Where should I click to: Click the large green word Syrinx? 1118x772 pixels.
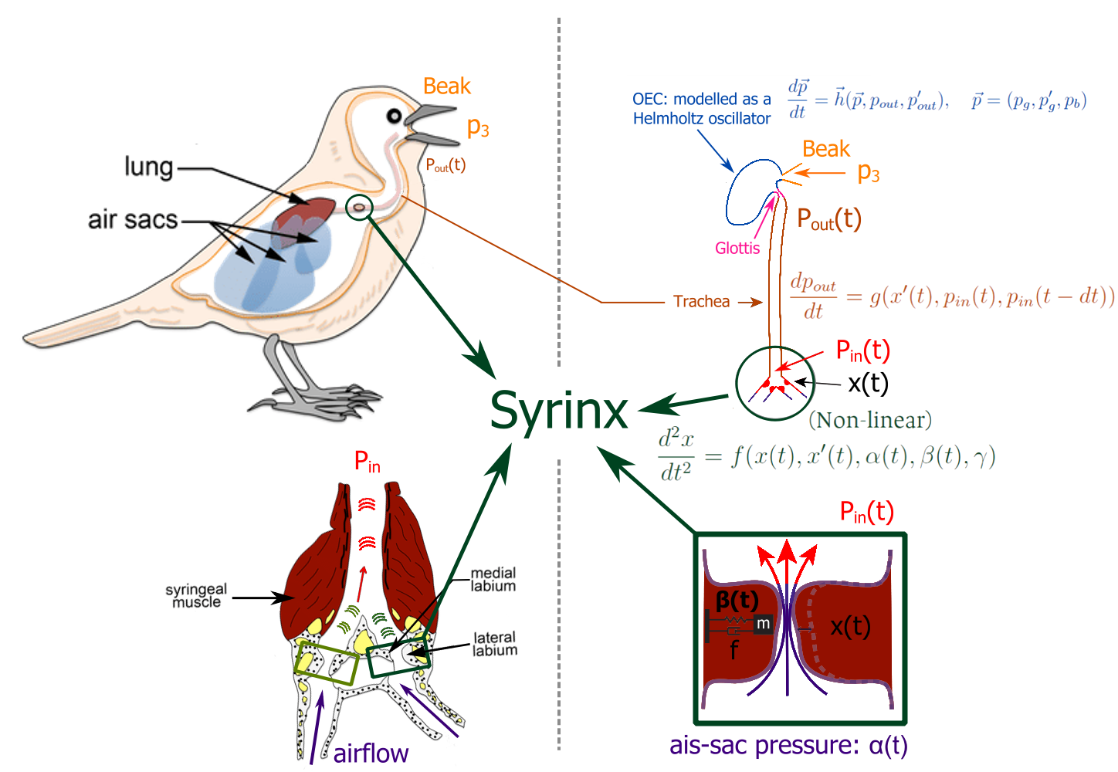tap(559, 411)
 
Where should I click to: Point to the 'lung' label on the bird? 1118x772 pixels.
tap(148, 166)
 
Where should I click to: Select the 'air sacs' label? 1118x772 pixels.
tap(132, 220)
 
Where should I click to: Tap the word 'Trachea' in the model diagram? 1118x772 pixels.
tap(701, 301)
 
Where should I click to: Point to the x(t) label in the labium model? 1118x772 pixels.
tap(850, 627)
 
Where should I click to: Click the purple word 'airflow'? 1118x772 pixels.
tap(371, 753)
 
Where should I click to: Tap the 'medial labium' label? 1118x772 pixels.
tap(493, 580)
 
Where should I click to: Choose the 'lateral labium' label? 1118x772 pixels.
tap(494, 644)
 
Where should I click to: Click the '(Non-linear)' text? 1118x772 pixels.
tap(869, 421)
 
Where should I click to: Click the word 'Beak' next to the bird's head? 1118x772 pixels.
tap(446, 86)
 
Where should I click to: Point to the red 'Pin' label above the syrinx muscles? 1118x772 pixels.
tap(367, 462)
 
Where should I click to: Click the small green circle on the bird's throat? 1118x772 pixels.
tap(358, 207)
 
